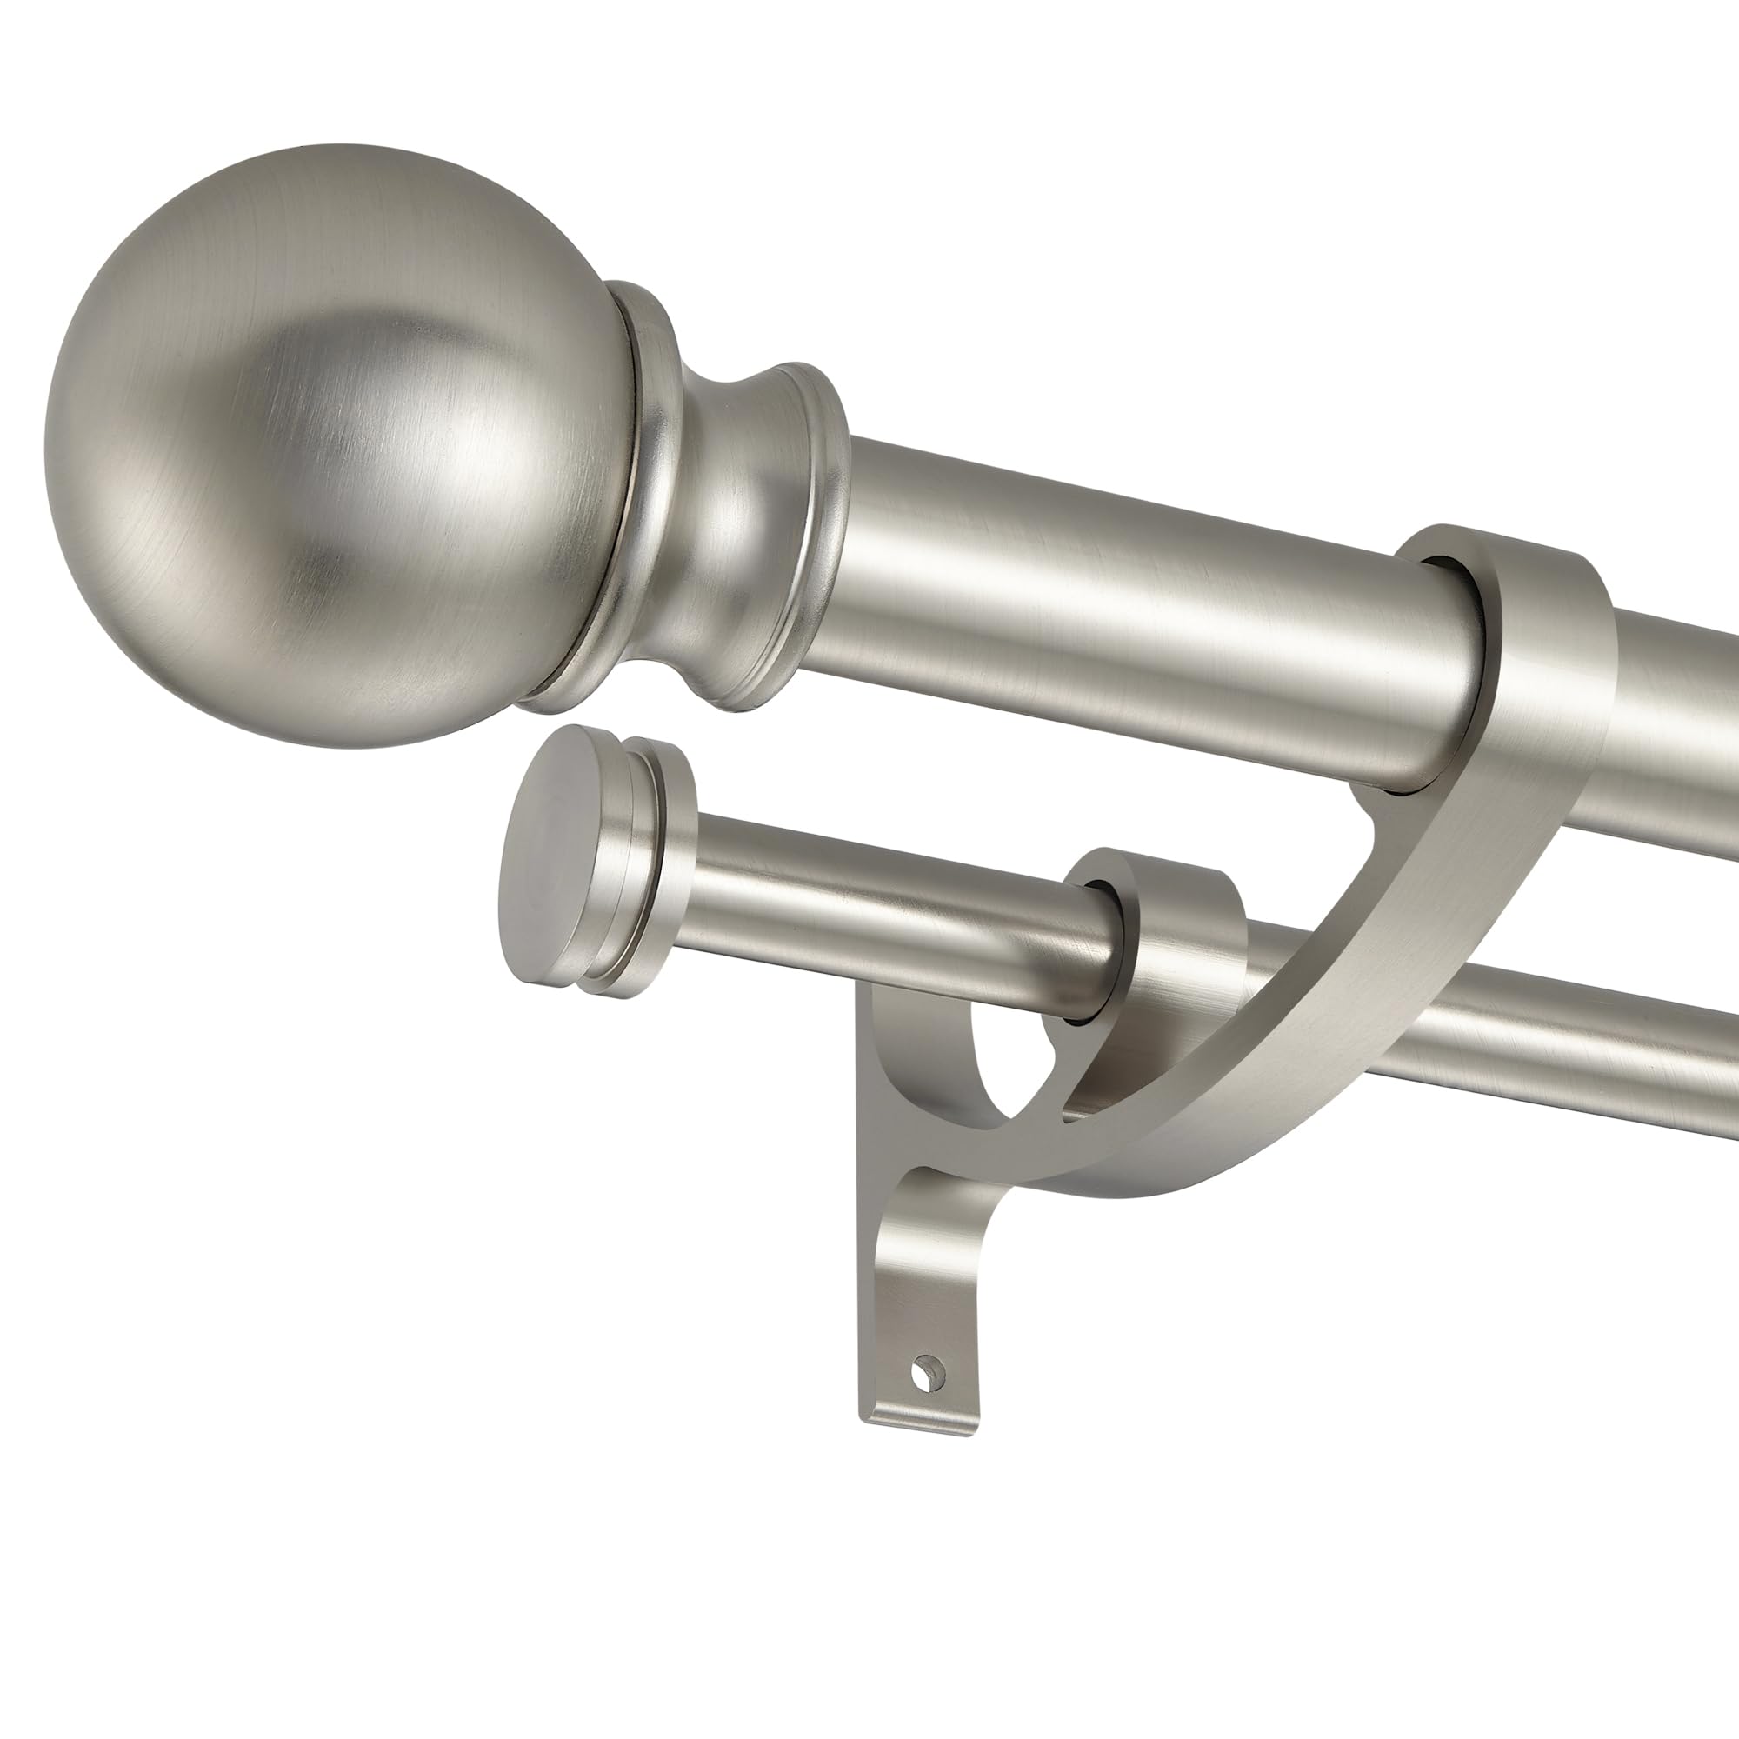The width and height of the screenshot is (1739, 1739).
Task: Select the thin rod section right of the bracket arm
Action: pos(1530,1071)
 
